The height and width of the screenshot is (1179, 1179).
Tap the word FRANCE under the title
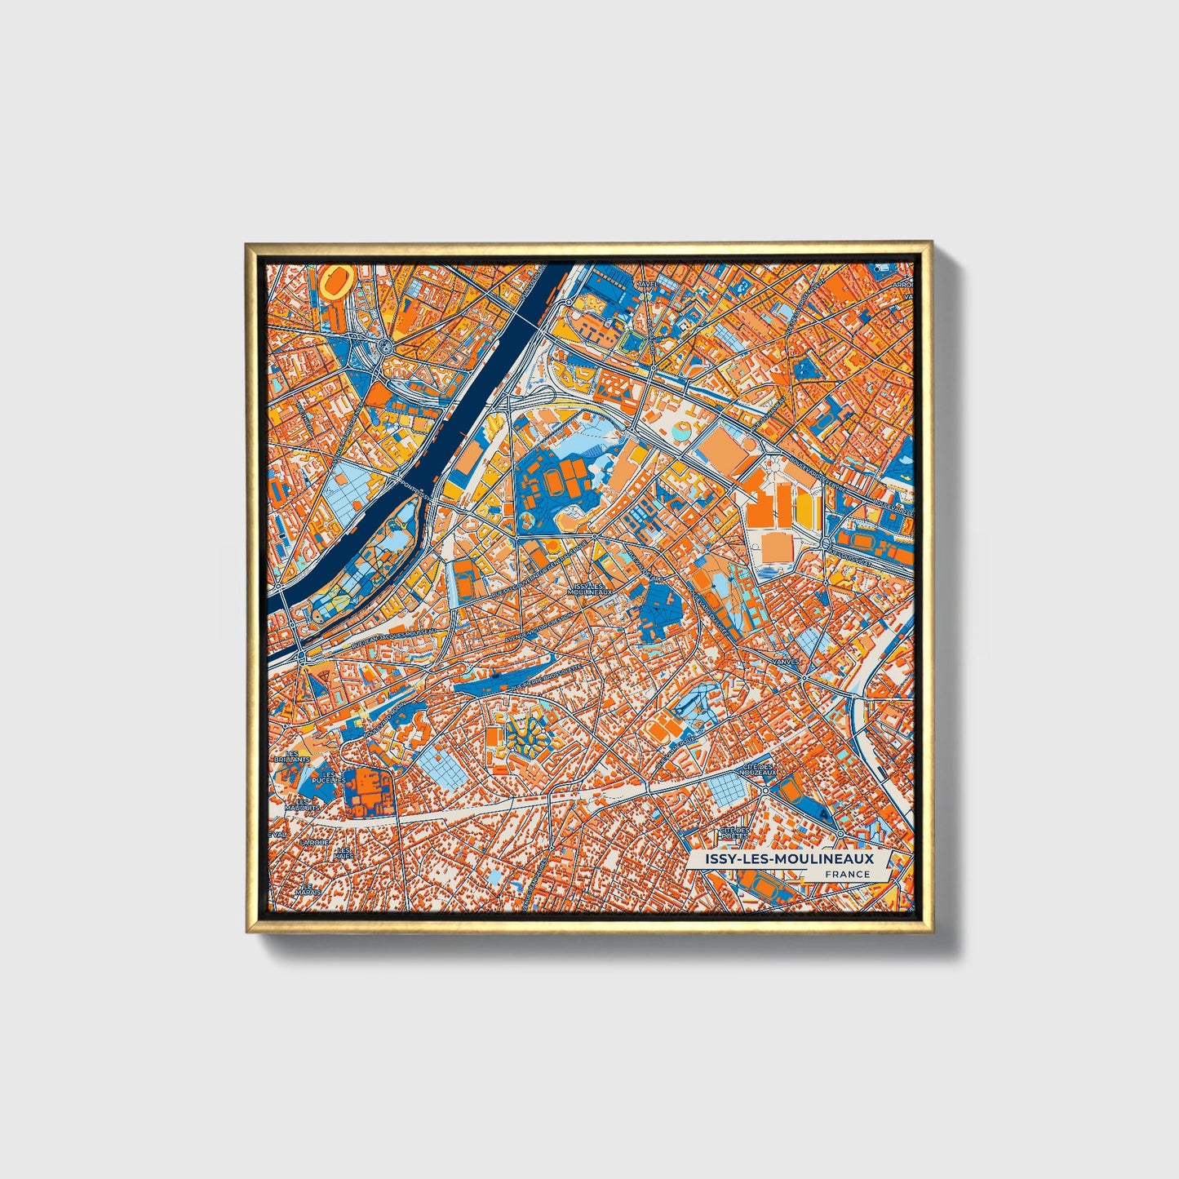coord(847,874)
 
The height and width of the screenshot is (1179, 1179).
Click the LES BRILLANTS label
coord(292,756)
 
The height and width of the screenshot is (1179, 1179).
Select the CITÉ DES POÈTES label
coord(734,833)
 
